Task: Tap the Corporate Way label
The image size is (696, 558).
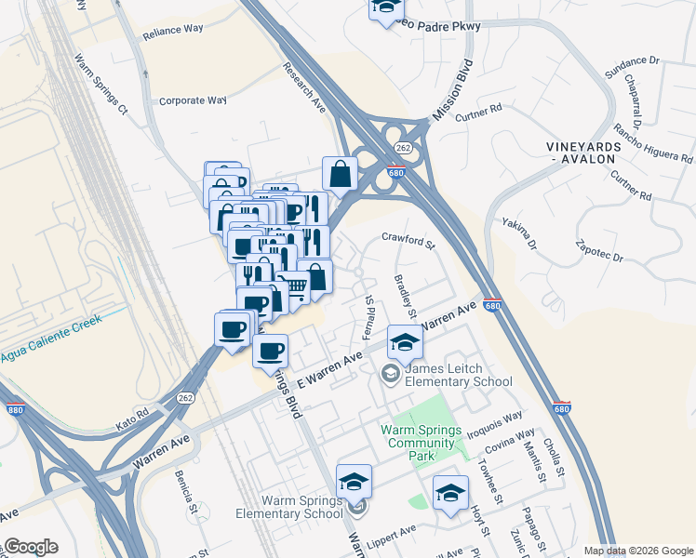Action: coord(193,100)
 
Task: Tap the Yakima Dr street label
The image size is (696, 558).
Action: coord(519,232)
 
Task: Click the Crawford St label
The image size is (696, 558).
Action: coord(408,241)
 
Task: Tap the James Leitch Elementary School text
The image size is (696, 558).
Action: coord(459,375)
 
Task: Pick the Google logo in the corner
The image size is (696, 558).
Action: coord(30,547)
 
